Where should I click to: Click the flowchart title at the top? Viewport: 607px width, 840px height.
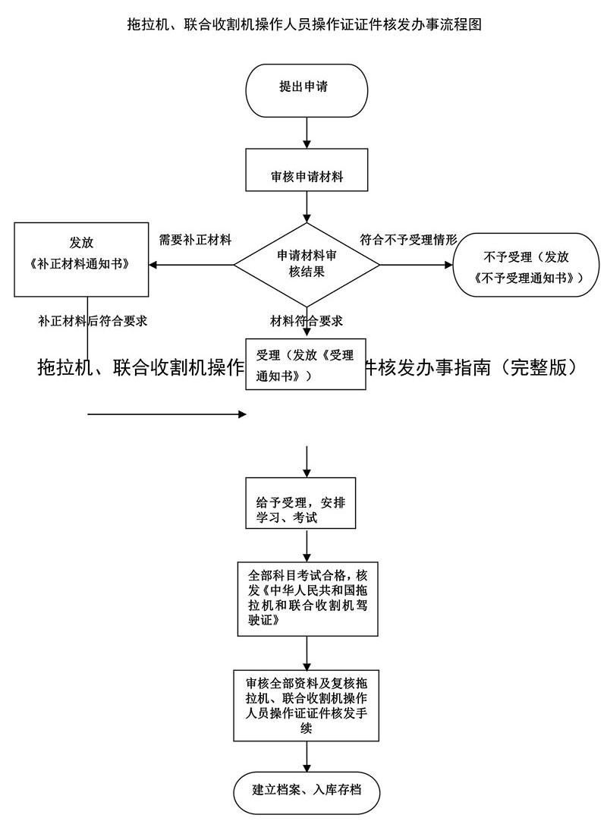303,24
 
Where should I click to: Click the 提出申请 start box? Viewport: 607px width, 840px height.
306,88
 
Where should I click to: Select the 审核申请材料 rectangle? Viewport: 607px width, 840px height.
306,171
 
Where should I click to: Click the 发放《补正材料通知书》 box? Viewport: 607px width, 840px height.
81,258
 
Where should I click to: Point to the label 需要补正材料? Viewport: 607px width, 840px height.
195,240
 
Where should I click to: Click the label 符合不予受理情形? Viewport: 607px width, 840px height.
408,240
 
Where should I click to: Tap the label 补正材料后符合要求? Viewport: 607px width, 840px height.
93,320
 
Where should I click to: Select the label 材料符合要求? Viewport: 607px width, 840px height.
307,320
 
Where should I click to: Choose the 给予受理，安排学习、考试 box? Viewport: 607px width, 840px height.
306,503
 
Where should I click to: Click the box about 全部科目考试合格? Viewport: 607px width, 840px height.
306,599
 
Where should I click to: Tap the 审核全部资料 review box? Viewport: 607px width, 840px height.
306,705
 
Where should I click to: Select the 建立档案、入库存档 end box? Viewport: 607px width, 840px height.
306,791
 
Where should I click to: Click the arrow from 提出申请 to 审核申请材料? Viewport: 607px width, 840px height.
306,133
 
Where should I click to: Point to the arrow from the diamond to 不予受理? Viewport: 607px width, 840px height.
415,265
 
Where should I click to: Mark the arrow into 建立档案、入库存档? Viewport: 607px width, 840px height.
306,757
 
